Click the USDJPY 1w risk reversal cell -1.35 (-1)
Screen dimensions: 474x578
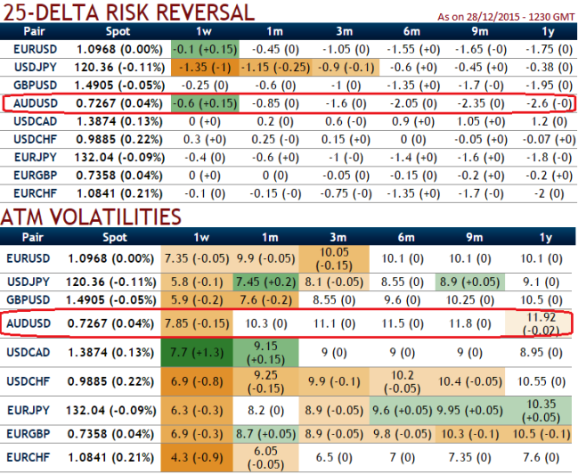pyautogui.click(x=200, y=67)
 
